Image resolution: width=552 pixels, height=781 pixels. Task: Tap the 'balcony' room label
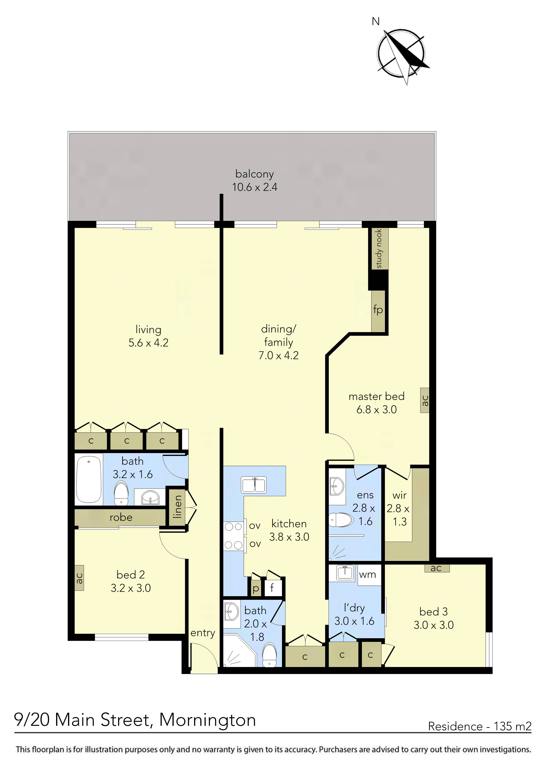coord(254,174)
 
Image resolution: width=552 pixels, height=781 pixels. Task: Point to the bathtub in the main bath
coord(89,480)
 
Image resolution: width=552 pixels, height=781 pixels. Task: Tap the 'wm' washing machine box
coord(368,575)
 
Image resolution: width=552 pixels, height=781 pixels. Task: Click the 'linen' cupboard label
coord(177,507)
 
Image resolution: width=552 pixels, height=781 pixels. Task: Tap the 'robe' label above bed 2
coord(121,517)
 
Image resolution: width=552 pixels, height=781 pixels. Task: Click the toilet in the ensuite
coord(341,520)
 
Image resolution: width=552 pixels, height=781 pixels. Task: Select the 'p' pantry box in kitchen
coord(256,588)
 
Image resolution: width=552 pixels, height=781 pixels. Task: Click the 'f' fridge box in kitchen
coord(272,588)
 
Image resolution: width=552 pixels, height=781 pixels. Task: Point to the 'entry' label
coord(203,633)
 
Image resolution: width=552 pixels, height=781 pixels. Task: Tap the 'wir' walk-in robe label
coord(399,496)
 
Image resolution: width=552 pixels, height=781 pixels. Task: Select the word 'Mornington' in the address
coord(207,720)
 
